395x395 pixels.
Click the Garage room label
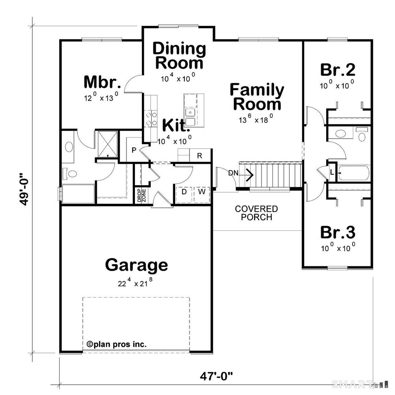tap(136, 265)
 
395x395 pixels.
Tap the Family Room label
tap(257, 97)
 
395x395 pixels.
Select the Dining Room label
tap(179, 56)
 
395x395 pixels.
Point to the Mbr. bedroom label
tap(100, 82)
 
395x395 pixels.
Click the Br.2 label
tap(338, 69)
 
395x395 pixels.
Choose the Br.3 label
tap(338, 232)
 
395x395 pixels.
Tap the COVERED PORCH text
tap(256, 213)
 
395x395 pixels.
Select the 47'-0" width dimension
tap(216, 376)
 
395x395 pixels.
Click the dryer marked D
tap(184, 191)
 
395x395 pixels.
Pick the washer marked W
tap(202, 191)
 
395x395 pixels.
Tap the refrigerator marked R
tap(200, 155)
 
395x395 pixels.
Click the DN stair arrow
tap(249, 174)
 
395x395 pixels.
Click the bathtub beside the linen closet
tap(353, 173)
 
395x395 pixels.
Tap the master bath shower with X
tap(107, 144)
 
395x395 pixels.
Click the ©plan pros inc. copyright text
tap(116, 344)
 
